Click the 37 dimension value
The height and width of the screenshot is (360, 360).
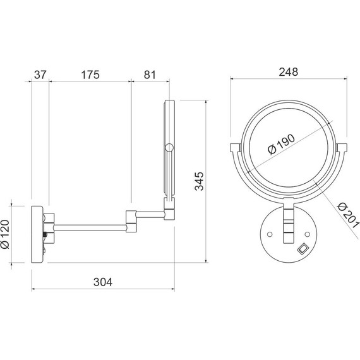pyautogui.click(x=40, y=75)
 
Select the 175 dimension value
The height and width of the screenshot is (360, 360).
pyautogui.click(x=90, y=75)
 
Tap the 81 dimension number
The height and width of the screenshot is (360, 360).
pyautogui.click(x=150, y=75)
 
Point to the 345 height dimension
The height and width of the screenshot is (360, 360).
pyautogui.click(x=199, y=181)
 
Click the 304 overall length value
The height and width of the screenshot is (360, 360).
pyautogui.click(x=103, y=282)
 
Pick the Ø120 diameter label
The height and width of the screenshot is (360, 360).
pyautogui.click(x=5, y=234)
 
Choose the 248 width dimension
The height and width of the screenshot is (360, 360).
pyautogui.click(x=289, y=72)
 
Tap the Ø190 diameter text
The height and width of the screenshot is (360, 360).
pyautogui.click(x=281, y=145)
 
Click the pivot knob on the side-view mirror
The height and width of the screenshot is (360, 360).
pyautogui.click(x=169, y=148)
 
